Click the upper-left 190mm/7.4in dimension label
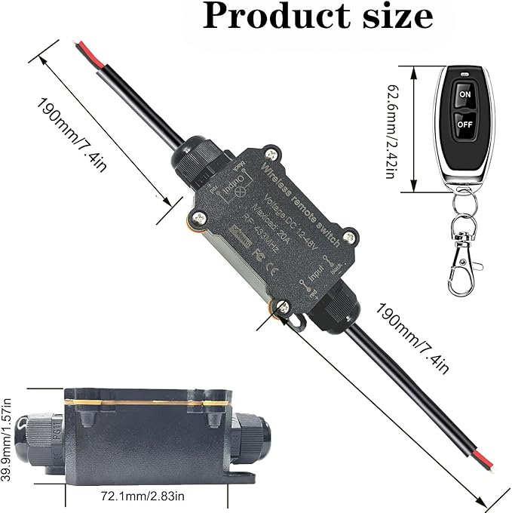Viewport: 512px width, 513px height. pos(72,124)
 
